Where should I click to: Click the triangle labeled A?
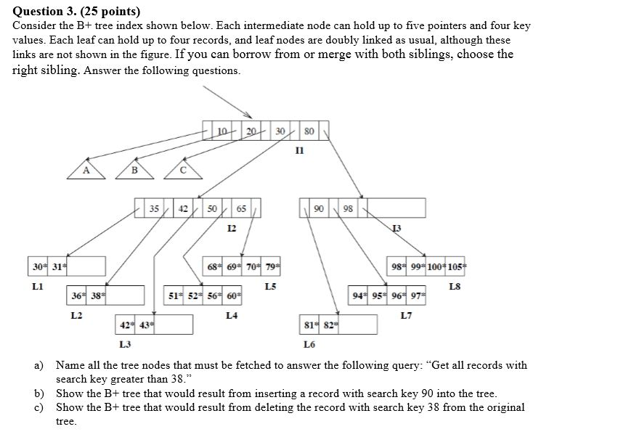point(86,170)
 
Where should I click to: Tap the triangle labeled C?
point(182,170)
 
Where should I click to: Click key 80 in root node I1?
point(310,131)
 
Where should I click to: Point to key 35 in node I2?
point(155,208)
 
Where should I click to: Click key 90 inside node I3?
point(318,208)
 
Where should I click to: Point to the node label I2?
point(232,229)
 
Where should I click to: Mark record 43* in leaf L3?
point(147,324)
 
